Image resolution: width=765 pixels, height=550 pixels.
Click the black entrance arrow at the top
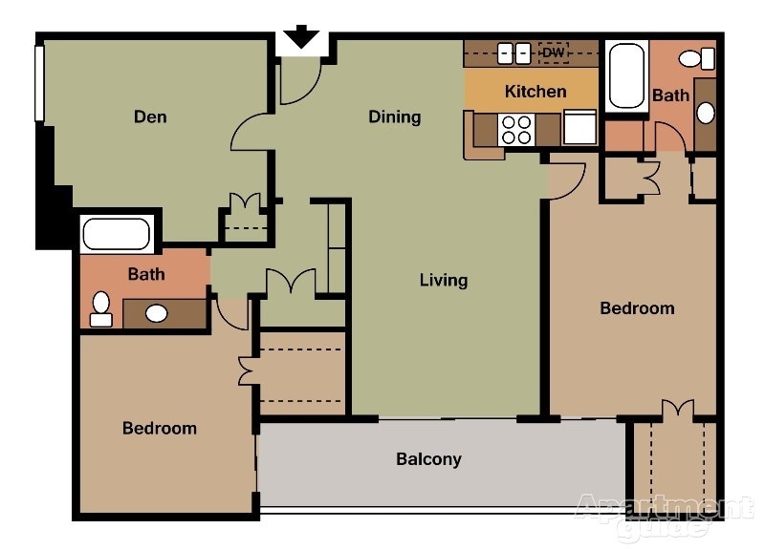302,36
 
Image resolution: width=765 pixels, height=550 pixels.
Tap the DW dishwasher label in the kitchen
554,53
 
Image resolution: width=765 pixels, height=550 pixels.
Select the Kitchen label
535,92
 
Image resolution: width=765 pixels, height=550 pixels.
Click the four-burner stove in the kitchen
516,129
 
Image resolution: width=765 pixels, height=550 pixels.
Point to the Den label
150,117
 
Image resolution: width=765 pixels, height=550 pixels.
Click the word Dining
395,117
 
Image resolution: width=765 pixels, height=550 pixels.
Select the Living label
444,280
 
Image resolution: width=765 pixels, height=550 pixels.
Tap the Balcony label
428,459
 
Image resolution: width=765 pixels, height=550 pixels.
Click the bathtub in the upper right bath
626,75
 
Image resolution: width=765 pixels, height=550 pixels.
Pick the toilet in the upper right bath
697,59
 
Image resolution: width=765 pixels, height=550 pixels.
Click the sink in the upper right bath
705,113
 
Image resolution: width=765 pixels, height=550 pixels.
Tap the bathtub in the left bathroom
117,234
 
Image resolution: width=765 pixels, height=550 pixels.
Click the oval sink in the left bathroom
156,313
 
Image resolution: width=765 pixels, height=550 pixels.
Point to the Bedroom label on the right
637,308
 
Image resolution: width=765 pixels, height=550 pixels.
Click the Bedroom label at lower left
160,428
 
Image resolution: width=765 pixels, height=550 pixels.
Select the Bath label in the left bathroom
146,274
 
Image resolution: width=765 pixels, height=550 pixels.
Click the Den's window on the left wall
40,83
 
